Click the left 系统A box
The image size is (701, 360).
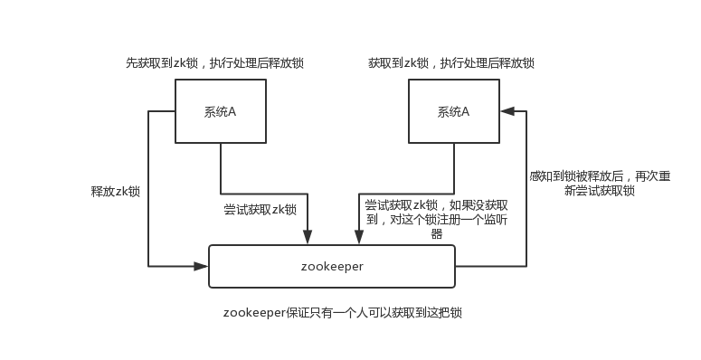click(x=221, y=111)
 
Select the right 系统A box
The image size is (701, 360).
click(x=454, y=111)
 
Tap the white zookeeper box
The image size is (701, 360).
click(x=332, y=266)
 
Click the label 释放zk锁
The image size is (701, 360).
click(x=116, y=192)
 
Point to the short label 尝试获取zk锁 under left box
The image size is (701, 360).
click(x=261, y=209)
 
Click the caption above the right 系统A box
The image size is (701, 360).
click(x=451, y=64)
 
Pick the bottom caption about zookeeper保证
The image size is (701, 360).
click(x=348, y=313)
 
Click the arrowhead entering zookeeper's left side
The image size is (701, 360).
click(x=203, y=266)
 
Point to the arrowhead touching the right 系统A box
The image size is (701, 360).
click(x=507, y=111)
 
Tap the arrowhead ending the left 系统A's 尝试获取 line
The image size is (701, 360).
click(x=308, y=238)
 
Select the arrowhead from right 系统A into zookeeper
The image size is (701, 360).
click(x=359, y=238)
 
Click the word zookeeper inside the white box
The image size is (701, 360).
click(x=332, y=267)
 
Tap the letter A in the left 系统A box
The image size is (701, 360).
click(x=232, y=112)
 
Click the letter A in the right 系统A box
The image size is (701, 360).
click(x=466, y=112)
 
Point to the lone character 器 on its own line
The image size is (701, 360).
click(x=436, y=233)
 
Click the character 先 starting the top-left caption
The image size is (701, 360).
click(x=132, y=64)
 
